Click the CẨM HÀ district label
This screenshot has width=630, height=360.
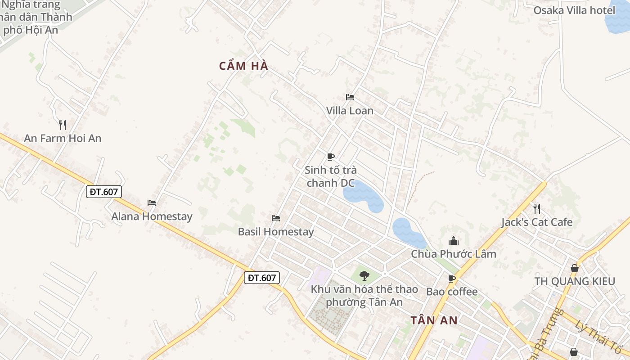(x=243, y=66)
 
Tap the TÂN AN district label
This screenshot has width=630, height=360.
(x=434, y=320)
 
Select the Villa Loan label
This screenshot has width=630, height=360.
(x=350, y=111)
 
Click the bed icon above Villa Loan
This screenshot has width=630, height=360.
(x=350, y=97)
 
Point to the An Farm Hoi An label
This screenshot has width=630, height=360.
(x=63, y=139)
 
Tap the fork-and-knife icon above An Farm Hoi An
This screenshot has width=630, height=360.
(x=63, y=125)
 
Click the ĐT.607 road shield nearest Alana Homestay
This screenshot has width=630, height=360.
(x=103, y=192)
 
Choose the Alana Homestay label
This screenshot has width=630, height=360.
(x=152, y=216)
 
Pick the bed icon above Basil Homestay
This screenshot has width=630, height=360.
(x=276, y=218)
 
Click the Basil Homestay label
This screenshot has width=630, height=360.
(x=276, y=232)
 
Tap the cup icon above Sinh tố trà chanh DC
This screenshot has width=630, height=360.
(x=331, y=157)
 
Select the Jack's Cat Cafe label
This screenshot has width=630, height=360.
(x=537, y=222)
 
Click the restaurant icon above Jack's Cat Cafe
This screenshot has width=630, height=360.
(x=536, y=208)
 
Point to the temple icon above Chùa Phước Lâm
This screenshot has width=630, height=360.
(x=453, y=241)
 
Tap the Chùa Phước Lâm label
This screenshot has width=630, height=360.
(x=453, y=254)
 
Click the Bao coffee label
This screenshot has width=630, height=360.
(x=452, y=292)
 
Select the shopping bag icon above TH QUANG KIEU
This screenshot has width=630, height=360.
(x=575, y=268)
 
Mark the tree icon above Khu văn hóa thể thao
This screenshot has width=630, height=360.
(x=364, y=275)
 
